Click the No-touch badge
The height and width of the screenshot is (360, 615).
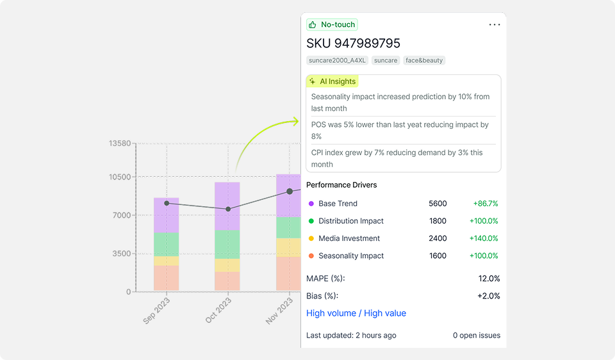click(332, 25)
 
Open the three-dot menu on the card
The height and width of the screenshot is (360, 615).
click(495, 25)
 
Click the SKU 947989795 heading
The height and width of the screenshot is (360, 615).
click(353, 44)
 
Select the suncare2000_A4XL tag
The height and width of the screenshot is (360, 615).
click(337, 60)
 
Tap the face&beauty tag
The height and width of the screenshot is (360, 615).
click(424, 60)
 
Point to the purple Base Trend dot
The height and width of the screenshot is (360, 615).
click(311, 204)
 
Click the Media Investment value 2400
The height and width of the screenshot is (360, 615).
click(438, 238)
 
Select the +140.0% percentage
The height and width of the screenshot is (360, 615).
click(486, 238)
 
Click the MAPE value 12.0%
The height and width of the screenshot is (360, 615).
click(488, 279)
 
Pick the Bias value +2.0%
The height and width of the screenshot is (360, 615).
click(488, 296)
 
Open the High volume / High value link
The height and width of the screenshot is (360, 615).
click(356, 313)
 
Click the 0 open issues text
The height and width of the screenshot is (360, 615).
click(477, 335)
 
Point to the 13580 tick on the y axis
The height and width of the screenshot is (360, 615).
click(120, 143)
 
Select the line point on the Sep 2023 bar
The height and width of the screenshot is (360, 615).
click(167, 203)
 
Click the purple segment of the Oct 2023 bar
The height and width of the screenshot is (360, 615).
click(227, 205)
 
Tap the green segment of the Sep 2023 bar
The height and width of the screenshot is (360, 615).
click(167, 244)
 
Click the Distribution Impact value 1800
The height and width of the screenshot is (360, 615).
click(438, 221)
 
